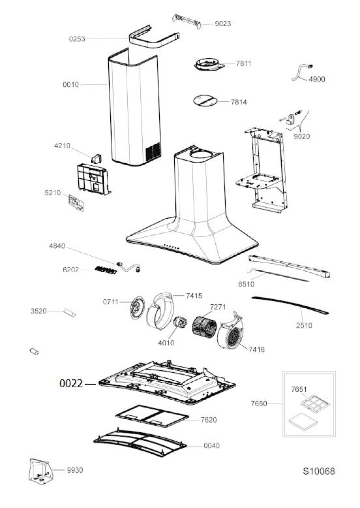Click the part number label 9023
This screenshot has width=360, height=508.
coord(223,24)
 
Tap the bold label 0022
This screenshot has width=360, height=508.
coord(71,384)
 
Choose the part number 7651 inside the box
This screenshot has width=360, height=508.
coord(299,389)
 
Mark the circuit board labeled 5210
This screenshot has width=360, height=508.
coord(76,203)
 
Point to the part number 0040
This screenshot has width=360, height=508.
coord(211,445)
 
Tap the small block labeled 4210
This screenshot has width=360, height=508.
coord(97,158)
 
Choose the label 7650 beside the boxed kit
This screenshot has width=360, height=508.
coord(259,404)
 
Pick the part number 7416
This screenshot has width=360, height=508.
coord(256,350)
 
